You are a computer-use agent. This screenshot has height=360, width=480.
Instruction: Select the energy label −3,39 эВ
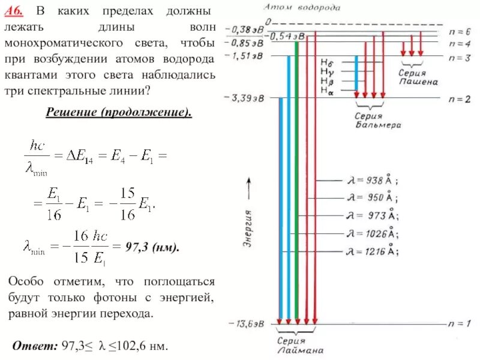244,98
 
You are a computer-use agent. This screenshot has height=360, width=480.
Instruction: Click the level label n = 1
459,324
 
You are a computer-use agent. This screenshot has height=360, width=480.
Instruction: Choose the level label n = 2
459,98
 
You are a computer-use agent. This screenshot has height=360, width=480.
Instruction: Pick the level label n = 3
459,56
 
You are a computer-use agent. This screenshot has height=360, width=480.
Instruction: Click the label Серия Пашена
417,77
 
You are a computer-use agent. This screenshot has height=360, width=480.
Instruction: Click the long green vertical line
296,180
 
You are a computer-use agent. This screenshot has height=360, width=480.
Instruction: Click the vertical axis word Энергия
247,228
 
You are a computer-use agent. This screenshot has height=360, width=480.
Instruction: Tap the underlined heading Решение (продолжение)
119,113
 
